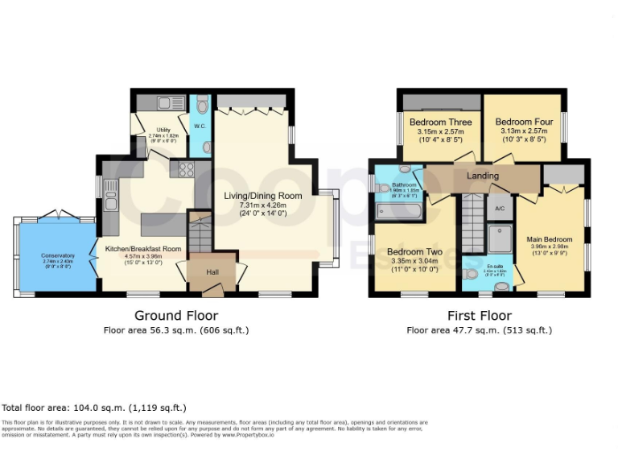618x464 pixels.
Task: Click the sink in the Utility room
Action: pos(168,103)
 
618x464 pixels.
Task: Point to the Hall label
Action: pos(212,273)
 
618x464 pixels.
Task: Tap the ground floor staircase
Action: pos(197,234)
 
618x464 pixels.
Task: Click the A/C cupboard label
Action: pos(499,209)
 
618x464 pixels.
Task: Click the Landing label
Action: pos(483,176)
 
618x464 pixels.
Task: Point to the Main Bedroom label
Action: pos(550,239)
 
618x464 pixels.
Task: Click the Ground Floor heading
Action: pos(175,315)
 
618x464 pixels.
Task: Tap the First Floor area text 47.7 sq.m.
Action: pos(479,330)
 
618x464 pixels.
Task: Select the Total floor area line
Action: pos(95,408)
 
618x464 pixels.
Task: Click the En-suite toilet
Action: pos(472,274)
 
